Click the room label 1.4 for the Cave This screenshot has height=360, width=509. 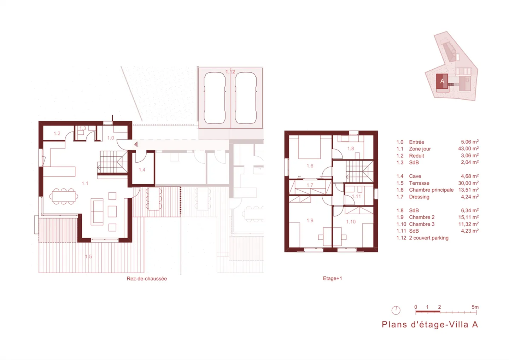tap(142, 170)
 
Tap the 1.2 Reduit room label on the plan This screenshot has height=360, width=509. tap(57, 133)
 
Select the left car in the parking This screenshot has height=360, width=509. tap(215, 98)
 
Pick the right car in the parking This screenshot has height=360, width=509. tap(246, 98)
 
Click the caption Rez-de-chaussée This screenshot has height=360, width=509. tap(147, 279)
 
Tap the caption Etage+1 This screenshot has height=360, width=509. tap(332, 278)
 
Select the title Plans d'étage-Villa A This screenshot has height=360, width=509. tap(430, 325)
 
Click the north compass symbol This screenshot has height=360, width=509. tap(396, 310)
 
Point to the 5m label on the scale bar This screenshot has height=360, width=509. tap(475, 307)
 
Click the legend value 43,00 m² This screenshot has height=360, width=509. tap(468, 149)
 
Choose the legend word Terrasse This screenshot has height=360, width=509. tap(419, 183)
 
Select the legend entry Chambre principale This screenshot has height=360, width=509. tap(431, 190)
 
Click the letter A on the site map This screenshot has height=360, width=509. tap(442, 81)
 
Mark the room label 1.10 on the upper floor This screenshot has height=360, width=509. tap(351, 222)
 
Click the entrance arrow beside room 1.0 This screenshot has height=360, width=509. tap(136, 144)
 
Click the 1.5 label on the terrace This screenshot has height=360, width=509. tap(88, 256)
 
